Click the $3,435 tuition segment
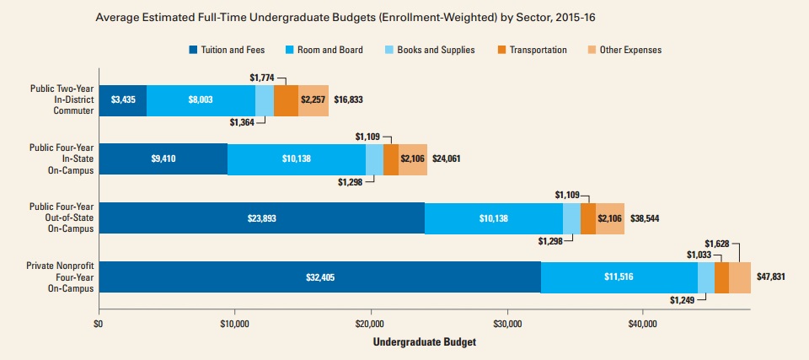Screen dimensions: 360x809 coord(123,100)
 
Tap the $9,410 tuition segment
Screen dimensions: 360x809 coord(163,159)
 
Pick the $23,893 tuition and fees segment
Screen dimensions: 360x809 coord(261,218)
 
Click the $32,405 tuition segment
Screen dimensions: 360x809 coord(319,277)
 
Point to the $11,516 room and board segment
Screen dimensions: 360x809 coord(619,277)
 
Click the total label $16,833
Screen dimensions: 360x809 coord(348,100)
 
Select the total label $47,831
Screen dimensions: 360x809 coord(770,277)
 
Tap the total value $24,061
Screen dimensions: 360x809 coord(447,159)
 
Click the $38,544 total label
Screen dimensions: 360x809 coord(644,218)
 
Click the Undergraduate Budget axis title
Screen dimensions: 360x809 coord(412,342)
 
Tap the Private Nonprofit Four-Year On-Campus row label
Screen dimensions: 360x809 coord(60,277)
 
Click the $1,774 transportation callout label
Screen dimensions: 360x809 coord(264,78)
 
